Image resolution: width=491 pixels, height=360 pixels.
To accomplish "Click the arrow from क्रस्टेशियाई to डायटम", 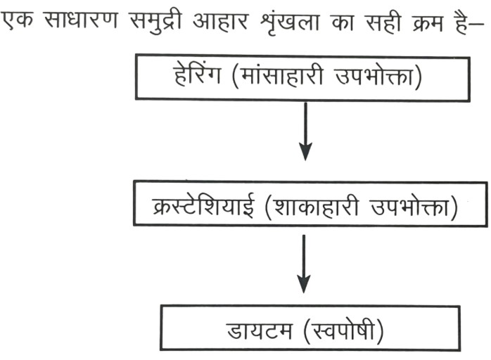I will click(303, 264).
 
